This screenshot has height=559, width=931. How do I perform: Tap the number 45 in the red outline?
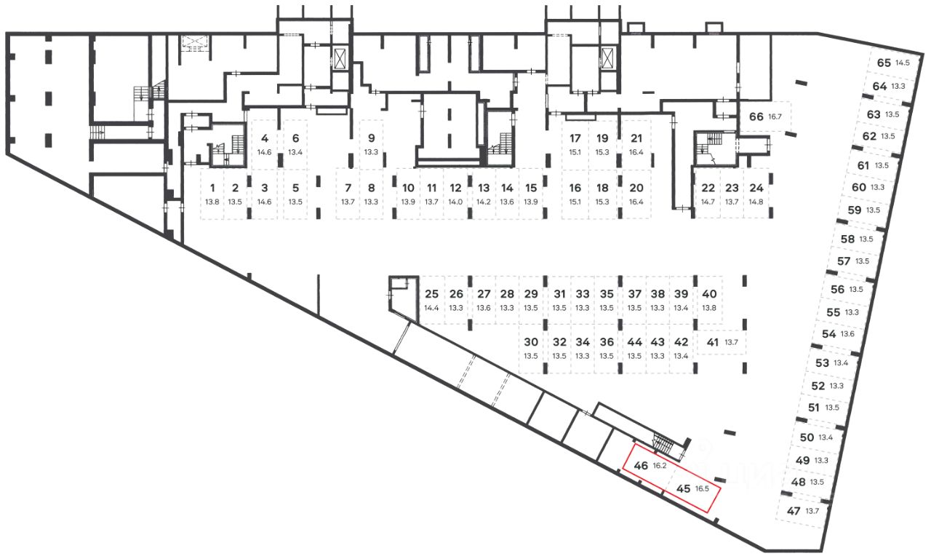[x=683, y=489]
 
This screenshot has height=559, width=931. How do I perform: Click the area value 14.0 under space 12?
[x=455, y=202]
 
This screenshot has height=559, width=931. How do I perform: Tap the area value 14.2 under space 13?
[x=484, y=202]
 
